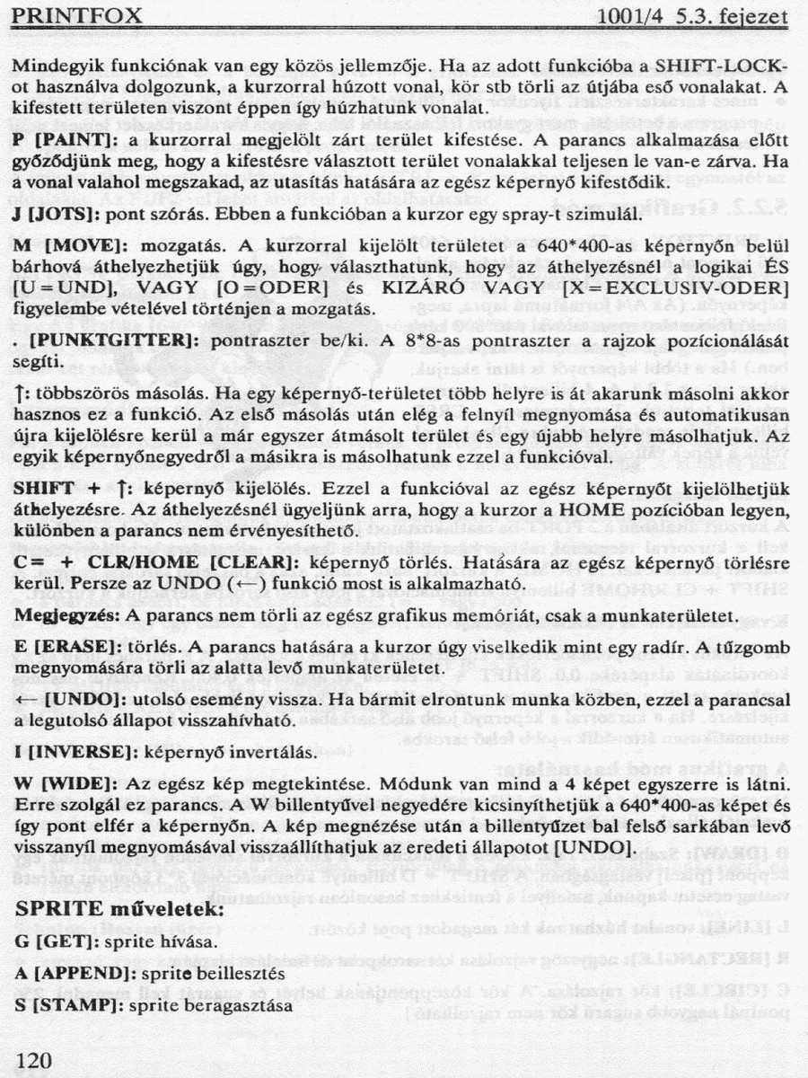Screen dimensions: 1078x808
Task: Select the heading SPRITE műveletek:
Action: pos(119,909)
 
